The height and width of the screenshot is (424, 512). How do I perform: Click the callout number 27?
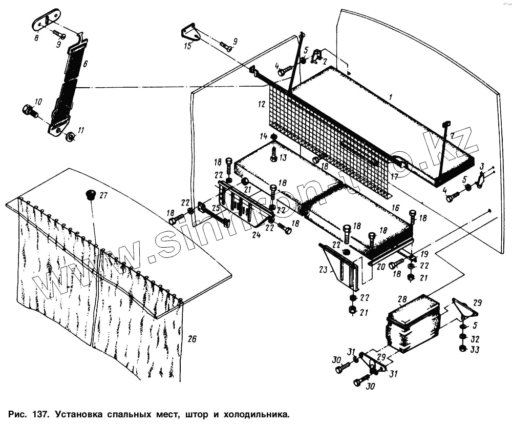(103, 195)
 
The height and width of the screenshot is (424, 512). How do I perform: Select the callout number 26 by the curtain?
(192, 338)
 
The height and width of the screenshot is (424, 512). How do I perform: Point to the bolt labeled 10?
(29, 110)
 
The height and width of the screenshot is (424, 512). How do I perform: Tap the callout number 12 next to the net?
(262, 105)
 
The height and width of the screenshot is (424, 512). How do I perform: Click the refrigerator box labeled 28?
(413, 323)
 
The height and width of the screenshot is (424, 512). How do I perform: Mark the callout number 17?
(394, 177)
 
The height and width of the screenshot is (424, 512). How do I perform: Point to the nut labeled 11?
(71, 136)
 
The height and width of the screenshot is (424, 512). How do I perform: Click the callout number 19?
(424, 254)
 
